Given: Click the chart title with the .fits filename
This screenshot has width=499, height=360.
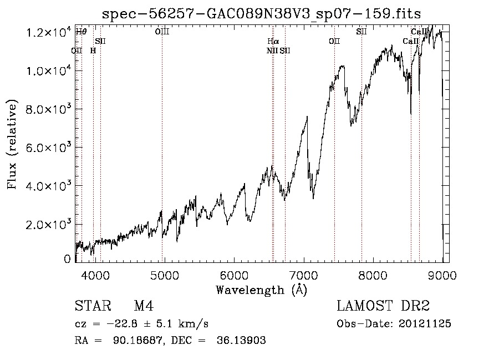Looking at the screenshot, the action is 261,14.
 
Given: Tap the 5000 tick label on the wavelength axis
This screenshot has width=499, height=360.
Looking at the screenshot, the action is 165,275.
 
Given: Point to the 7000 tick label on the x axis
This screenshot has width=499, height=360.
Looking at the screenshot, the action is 304,275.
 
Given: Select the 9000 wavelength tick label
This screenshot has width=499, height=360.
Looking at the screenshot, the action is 442,275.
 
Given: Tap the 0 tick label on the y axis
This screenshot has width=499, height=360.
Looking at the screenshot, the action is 67,259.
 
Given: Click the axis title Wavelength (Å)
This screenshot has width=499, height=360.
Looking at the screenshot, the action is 262,290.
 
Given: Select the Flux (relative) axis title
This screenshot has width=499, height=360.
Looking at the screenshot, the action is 12,144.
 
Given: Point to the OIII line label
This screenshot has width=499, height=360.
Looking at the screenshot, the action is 162,32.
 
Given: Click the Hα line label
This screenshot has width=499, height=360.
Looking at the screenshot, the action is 273,41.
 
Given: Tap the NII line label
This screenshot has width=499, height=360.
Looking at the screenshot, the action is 272,50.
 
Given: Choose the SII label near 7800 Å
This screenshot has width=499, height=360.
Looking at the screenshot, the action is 361,32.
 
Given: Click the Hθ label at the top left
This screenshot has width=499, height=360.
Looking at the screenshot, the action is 81,32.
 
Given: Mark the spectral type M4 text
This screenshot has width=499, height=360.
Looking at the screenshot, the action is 144,306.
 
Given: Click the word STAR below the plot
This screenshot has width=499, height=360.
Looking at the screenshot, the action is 93,306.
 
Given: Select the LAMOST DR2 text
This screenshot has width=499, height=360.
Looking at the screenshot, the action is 383,306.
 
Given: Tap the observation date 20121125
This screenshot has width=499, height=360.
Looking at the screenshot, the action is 425,324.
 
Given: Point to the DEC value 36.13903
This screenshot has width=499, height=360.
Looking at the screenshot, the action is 241,340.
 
